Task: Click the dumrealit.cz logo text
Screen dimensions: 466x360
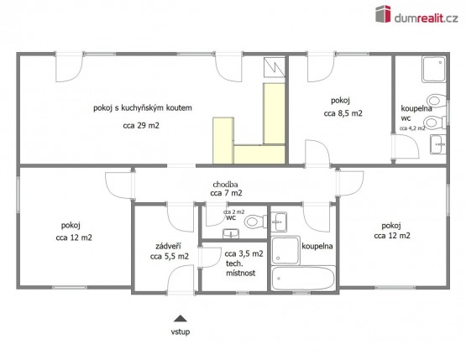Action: (x=426, y=18)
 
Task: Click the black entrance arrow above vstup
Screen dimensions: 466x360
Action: (x=180, y=318)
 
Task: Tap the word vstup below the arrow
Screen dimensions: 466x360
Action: (x=180, y=331)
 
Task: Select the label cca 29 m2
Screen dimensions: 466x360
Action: (x=141, y=126)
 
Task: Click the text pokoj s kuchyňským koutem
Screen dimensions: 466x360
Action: (x=143, y=107)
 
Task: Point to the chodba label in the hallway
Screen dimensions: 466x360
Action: (x=225, y=185)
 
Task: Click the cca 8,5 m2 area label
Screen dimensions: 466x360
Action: (x=343, y=113)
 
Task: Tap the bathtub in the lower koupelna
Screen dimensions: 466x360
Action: (x=303, y=279)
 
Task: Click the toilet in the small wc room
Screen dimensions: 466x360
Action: (x=255, y=222)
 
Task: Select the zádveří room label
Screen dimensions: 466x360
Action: (x=168, y=246)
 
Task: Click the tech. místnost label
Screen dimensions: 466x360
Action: (x=240, y=269)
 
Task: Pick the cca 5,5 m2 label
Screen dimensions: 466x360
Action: (x=169, y=256)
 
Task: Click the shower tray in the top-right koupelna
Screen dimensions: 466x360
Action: (x=433, y=69)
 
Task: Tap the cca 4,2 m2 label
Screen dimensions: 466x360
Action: (x=412, y=128)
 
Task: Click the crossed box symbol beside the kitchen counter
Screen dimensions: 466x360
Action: (x=274, y=67)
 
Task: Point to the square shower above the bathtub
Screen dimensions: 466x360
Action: (x=285, y=250)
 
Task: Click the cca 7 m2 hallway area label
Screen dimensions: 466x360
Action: (x=226, y=193)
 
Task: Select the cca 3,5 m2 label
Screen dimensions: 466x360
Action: (x=243, y=254)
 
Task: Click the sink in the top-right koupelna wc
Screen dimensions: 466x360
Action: (x=438, y=144)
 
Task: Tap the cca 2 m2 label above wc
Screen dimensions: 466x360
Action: (x=234, y=211)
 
